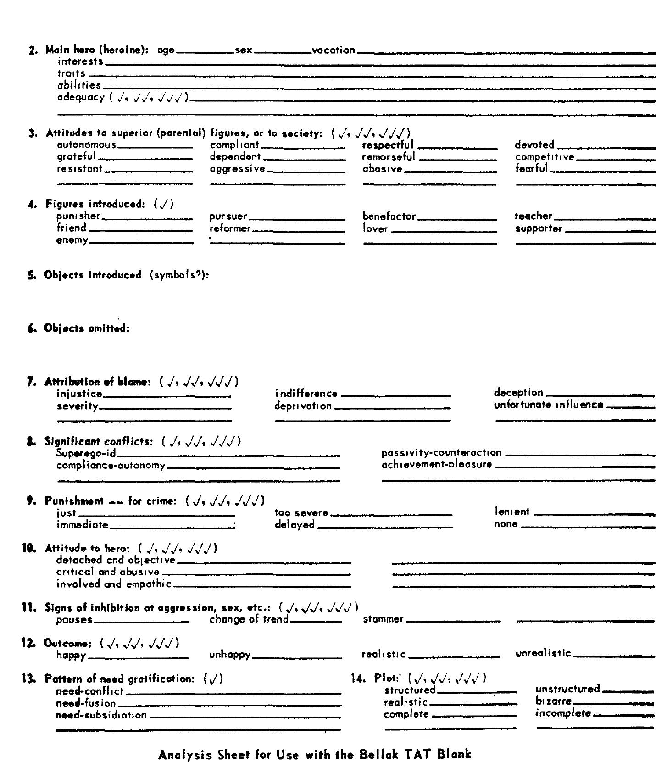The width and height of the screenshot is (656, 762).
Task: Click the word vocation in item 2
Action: coord(333,50)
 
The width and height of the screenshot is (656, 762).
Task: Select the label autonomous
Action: coord(87,145)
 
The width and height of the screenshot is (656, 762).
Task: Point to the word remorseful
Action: coord(388,157)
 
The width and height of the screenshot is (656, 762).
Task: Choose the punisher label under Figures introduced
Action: coord(78,216)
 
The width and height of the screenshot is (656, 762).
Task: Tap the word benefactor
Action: coord(389,216)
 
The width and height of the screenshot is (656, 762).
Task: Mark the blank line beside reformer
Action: coord(299,231)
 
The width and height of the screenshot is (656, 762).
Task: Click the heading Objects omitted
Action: coord(87,328)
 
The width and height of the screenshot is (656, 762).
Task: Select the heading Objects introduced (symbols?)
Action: coord(127,275)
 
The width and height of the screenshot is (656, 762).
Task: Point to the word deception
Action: coord(518,393)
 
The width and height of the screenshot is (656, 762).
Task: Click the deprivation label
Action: coord(303,406)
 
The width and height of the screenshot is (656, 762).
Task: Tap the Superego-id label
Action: coord(86,453)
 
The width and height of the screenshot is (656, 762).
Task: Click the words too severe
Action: coord(301,512)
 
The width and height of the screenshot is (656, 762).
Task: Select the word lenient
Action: coord(511,512)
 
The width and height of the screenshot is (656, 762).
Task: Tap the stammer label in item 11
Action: coord(383,619)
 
